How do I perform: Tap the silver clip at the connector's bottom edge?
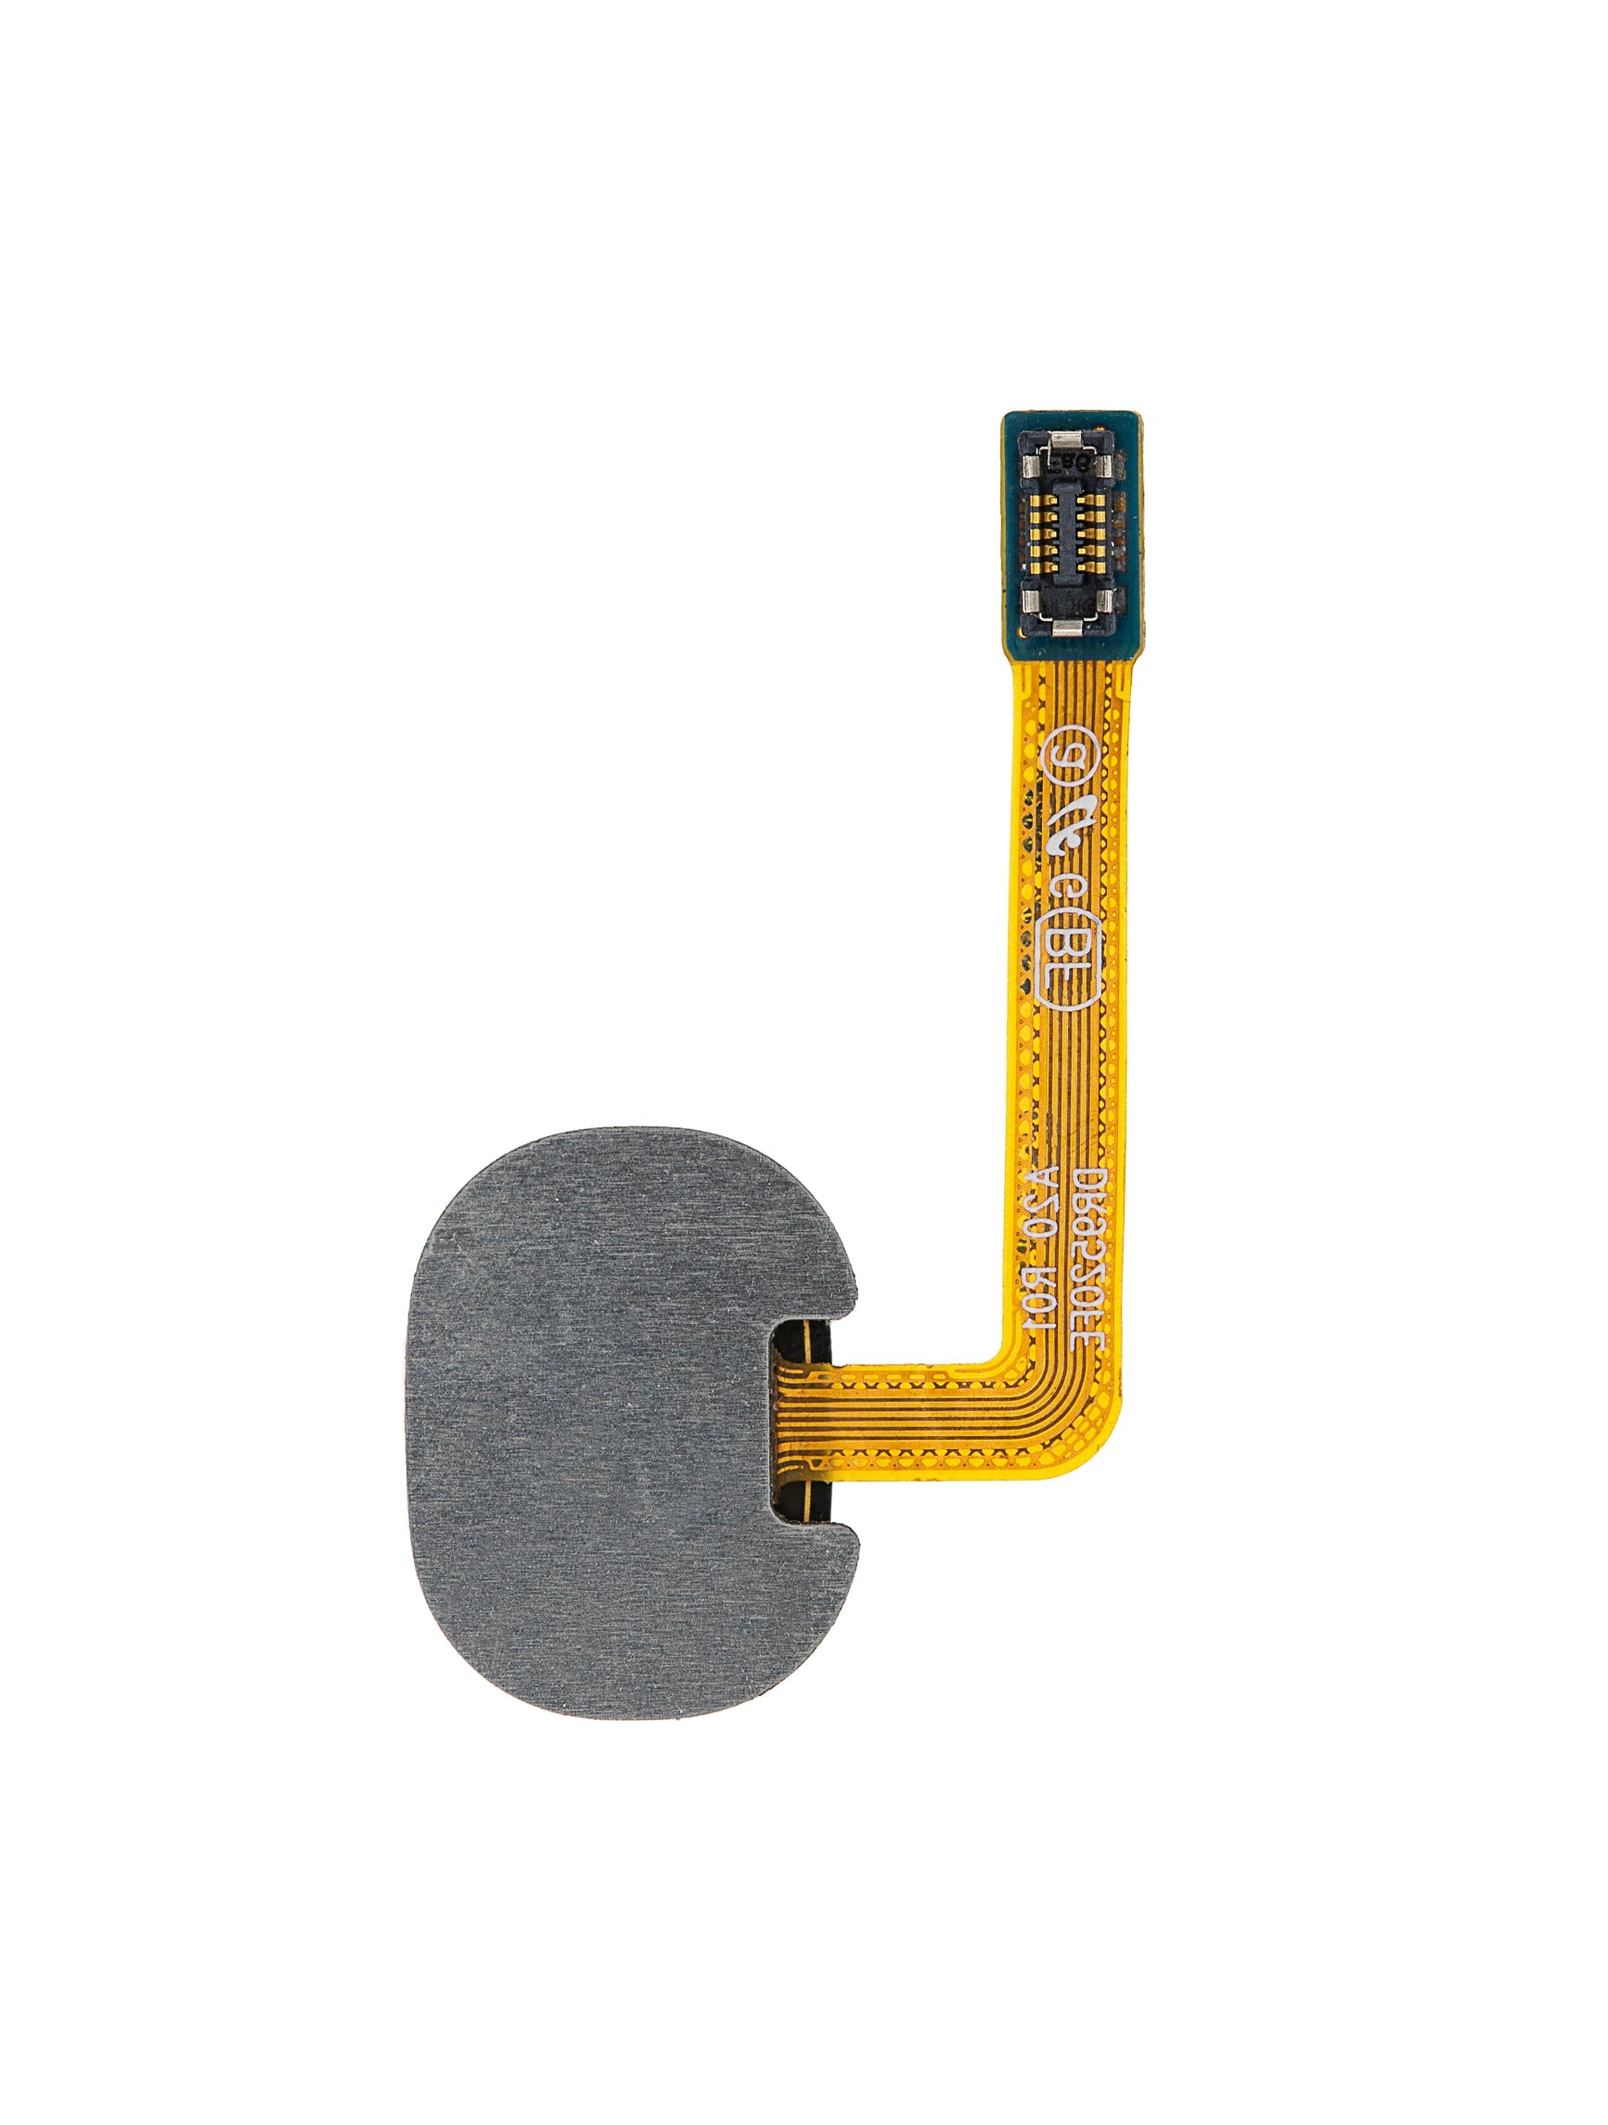click(x=1067, y=629)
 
